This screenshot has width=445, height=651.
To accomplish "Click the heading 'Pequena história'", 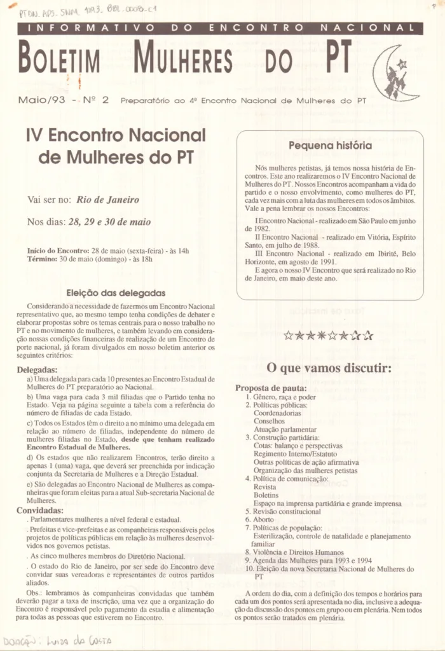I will pos(330,146).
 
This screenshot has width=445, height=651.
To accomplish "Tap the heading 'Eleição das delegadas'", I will pos(116,293).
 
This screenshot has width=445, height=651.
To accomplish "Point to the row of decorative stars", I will pos(328,335).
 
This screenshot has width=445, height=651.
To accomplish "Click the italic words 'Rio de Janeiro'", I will pos(107,199).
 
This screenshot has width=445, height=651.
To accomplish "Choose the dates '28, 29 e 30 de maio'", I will pos(109,222).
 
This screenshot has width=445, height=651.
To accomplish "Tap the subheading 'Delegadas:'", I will pos(37,369).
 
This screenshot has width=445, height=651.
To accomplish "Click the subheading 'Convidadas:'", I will pos(40,510).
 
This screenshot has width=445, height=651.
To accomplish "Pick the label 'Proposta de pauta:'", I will pos(271,388).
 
